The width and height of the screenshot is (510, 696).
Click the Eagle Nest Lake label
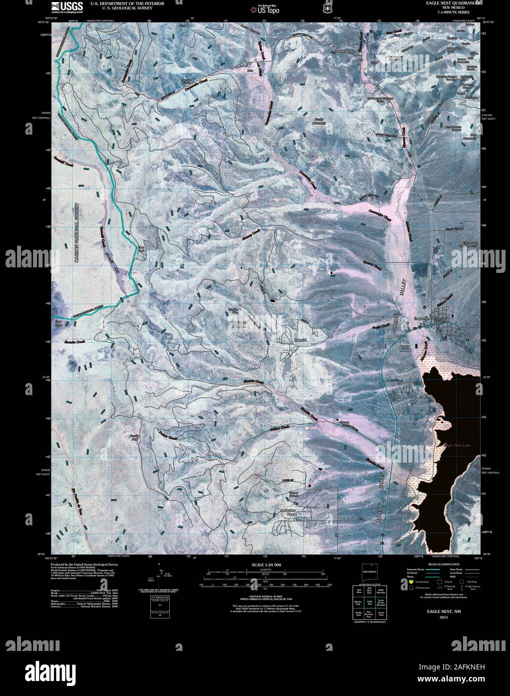(x=456, y=444)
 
